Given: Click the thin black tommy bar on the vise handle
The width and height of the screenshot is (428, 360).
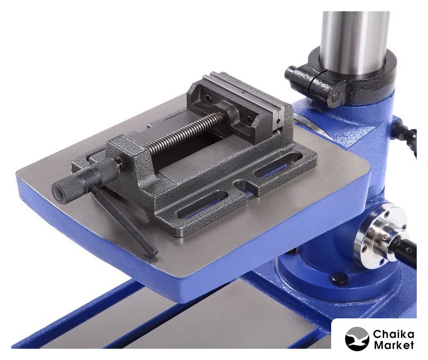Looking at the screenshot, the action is [x=124, y=221].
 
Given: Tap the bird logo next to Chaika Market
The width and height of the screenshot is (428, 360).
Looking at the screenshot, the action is [x=357, y=339].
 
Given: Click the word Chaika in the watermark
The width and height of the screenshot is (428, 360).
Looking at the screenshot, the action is [x=393, y=334].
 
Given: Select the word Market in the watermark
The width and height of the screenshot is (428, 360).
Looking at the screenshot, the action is [x=394, y=345].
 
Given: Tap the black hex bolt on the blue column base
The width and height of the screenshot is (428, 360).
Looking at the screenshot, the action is [x=340, y=279].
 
